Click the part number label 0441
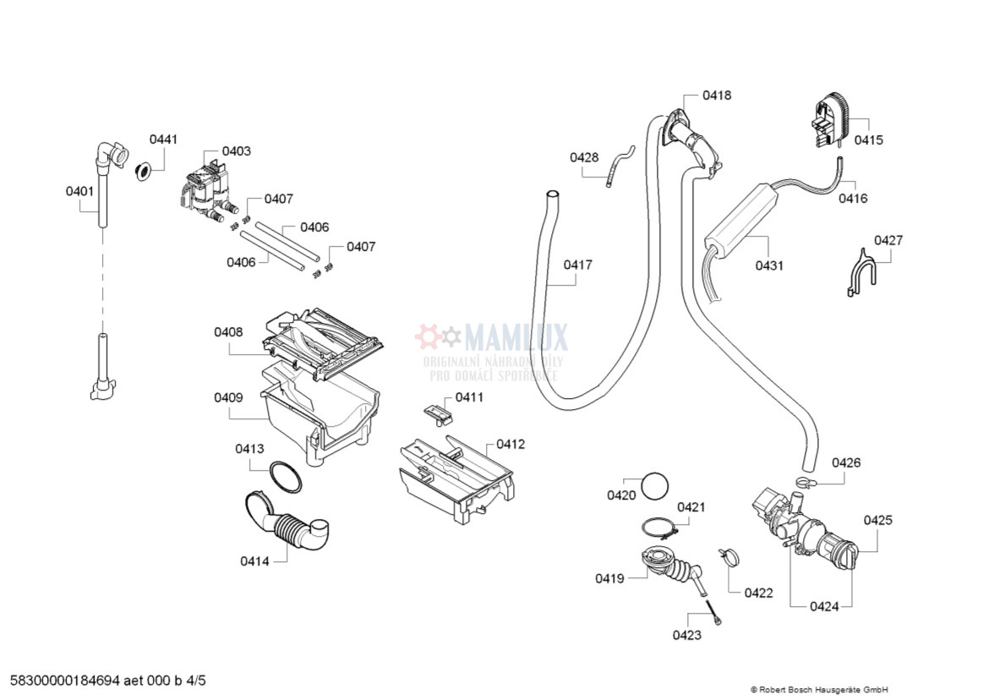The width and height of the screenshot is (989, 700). point(164,139)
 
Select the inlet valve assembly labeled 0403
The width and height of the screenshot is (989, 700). point(206,193)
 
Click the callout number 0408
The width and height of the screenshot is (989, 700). point(228,332)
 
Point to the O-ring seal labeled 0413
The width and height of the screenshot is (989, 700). point(286,477)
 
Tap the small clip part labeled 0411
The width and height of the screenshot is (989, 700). point(437,413)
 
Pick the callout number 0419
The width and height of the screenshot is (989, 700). point(609,579)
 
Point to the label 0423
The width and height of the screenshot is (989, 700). point(687,635)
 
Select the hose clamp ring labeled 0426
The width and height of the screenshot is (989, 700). point(804,483)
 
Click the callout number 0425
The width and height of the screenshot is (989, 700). point(877,521)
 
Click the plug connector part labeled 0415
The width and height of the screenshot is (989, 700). point(830,123)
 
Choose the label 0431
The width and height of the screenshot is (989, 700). point(769,265)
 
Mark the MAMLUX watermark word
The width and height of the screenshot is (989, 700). point(516,338)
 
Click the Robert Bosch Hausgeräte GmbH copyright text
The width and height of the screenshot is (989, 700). point(818,690)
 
